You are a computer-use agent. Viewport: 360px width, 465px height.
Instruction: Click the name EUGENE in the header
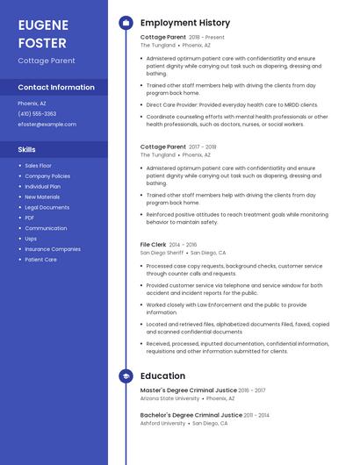pos(44,25)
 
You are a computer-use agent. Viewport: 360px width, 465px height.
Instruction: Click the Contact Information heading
pos(56,87)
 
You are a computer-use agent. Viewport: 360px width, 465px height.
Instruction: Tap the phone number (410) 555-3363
pos(37,114)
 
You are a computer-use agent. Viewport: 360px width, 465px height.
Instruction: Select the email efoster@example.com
pos(47,125)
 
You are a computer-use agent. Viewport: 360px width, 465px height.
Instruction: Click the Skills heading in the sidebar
pos(26,149)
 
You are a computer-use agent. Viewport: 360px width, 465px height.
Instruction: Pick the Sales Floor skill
pos(38,166)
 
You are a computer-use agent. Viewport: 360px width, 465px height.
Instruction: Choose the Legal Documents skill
pos(47,207)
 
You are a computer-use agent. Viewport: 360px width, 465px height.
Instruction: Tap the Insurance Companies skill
pos(53,249)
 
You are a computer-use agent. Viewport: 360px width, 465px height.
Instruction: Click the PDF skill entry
pos(30,218)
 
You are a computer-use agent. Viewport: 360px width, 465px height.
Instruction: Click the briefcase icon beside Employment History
pos(126,23)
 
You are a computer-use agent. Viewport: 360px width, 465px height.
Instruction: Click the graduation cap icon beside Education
pos(126,376)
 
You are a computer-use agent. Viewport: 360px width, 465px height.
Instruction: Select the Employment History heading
pos(184,23)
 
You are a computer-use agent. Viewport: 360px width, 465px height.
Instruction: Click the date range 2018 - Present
pos(206,38)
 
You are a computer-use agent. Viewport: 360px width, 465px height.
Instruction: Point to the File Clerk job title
pos(153,245)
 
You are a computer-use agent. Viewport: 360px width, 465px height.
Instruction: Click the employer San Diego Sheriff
pos(162,253)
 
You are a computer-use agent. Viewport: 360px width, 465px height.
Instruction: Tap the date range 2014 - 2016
pos(183,245)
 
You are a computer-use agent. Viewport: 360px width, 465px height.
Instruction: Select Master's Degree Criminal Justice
pos(188,390)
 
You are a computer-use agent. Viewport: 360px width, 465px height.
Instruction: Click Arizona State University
pos(169,398)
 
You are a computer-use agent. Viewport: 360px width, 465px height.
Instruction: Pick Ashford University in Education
pos(162,423)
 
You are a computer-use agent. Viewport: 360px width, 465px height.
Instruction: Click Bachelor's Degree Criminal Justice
pos(191,415)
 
